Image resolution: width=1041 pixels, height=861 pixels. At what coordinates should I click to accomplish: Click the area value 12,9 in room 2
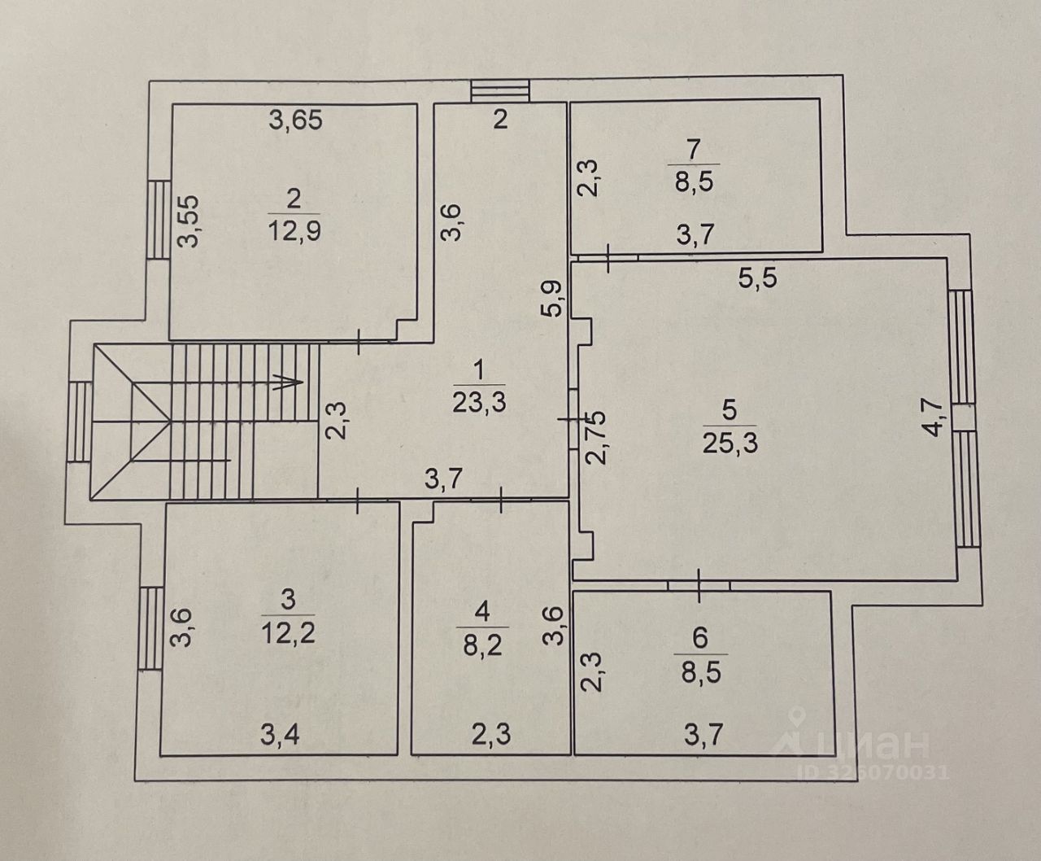pyautogui.click(x=294, y=231)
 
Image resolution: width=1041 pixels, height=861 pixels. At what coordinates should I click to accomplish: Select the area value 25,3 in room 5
pyautogui.click(x=730, y=443)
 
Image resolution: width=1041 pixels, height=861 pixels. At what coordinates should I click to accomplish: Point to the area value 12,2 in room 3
pyautogui.click(x=288, y=634)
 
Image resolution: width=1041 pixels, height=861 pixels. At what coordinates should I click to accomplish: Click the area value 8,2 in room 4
pyautogui.click(x=482, y=645)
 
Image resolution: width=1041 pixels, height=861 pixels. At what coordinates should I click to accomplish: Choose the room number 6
pyautogui.click(x=700, y=639)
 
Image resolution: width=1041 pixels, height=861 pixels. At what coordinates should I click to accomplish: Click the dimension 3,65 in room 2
pyautogui.click(x=296, y=120)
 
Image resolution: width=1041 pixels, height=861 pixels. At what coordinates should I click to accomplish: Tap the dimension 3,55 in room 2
pyautogui.click(x=189, y=221)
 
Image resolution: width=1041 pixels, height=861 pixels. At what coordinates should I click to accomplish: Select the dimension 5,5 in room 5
pyautogui.click(x=757, y=278)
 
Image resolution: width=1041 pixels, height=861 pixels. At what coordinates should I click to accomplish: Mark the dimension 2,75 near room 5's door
pyautogui.click(x=595, y=438)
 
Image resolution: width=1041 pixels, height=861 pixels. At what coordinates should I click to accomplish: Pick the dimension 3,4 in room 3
pyautogui.click(x=280, y=734)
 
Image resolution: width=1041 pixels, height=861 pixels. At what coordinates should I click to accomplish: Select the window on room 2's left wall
pyautogui.click(x=159, y=220)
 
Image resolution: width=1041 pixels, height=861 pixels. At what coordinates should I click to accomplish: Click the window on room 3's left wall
pyautogui.click(x=151, y=628)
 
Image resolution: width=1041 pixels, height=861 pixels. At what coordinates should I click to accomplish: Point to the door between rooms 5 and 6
pyautogui.click(x=699, y=585)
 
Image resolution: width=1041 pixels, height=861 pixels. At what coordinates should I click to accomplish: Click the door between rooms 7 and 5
pyautogui.click(x=608, y=257)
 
